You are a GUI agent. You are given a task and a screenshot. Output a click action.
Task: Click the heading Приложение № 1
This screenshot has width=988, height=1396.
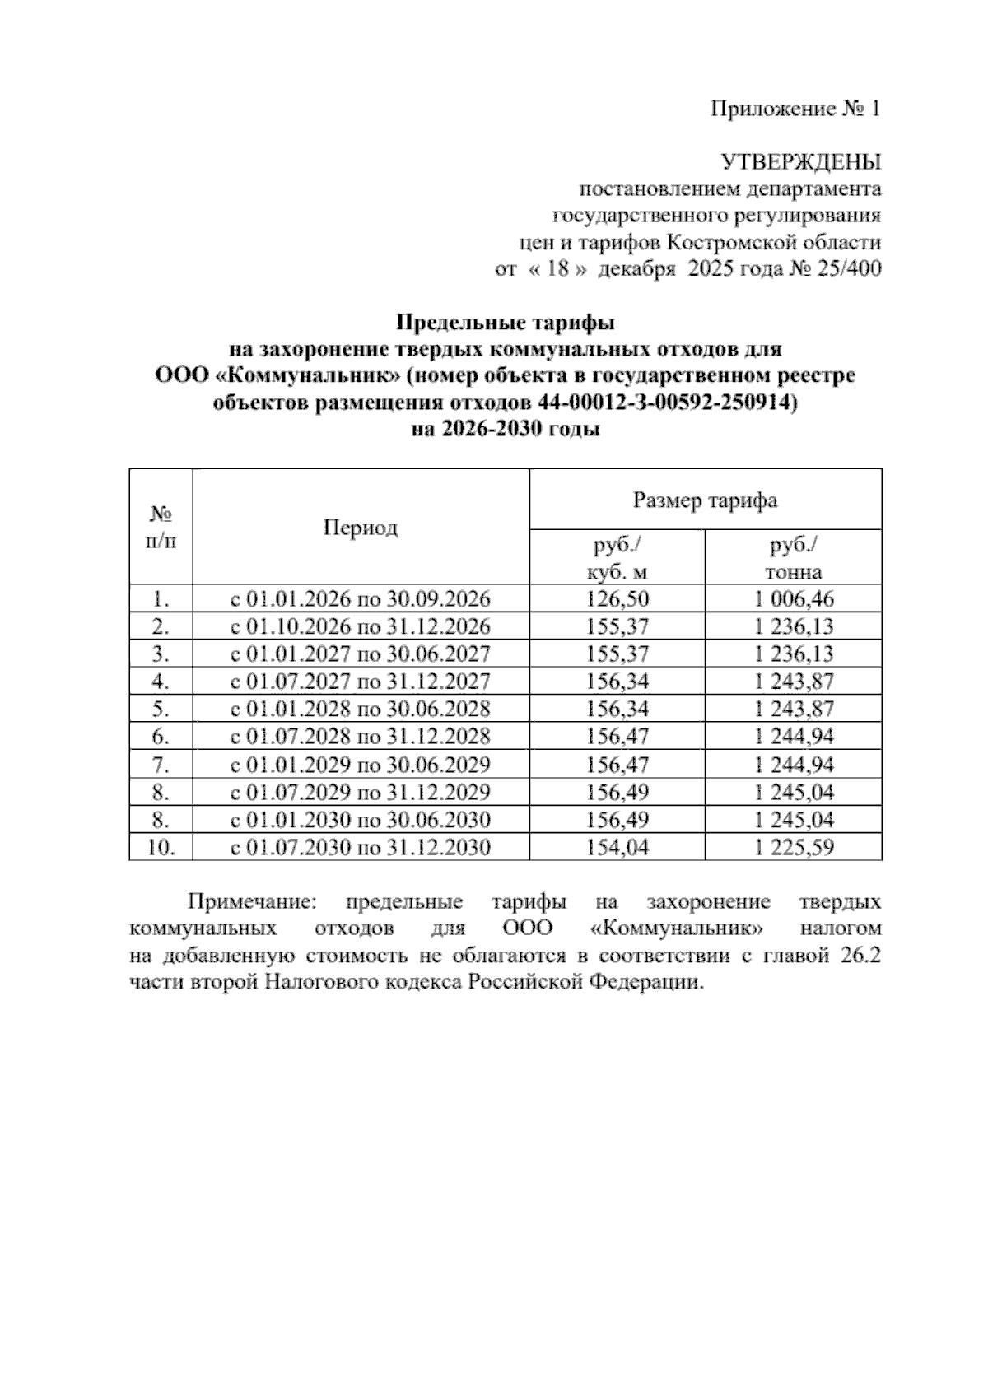795,109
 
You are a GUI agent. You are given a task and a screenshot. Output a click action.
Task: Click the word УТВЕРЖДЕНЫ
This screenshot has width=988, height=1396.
800,161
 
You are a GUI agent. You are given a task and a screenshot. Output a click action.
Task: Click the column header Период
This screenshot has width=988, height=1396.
360,528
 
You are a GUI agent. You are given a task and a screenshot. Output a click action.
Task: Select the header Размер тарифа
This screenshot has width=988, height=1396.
705,500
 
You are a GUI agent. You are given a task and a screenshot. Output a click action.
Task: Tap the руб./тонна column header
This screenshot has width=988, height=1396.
793,558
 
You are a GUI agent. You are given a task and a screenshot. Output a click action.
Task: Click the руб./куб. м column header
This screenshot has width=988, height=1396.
617,558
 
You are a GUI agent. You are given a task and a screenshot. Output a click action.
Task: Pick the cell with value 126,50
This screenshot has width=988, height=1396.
617,599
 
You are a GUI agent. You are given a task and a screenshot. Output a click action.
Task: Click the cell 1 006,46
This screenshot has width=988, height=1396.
793,599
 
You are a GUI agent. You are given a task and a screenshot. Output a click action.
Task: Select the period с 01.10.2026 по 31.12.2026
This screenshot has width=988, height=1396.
360,627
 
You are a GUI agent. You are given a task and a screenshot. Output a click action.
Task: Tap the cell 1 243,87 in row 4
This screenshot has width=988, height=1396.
793,682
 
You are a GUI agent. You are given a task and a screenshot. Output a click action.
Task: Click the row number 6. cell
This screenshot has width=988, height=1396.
161,737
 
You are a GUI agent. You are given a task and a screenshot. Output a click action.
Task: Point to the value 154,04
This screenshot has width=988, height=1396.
617,847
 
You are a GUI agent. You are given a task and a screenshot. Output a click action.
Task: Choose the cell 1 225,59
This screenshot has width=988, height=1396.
793,847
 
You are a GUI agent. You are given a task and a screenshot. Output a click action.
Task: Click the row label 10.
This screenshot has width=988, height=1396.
161,847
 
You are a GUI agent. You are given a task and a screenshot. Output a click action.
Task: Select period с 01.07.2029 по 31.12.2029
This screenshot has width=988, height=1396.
360,792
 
